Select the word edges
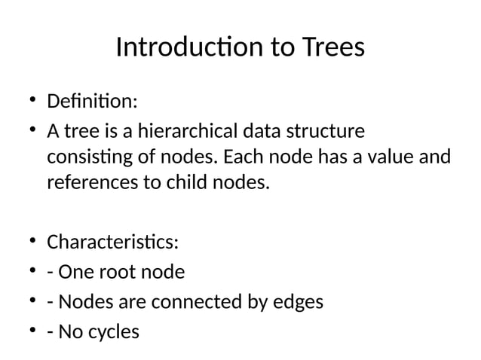297,302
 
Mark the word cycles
113,331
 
